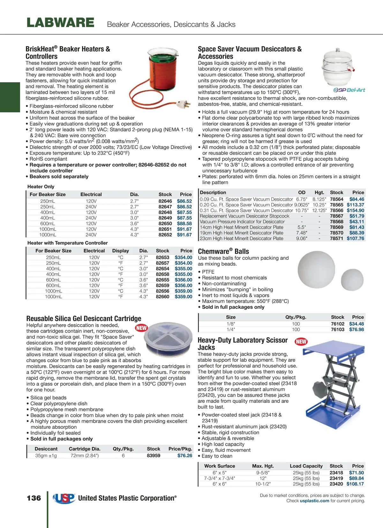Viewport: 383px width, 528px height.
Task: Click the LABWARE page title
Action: tap(60, 23)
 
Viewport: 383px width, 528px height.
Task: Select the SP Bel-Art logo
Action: tap(349, 90)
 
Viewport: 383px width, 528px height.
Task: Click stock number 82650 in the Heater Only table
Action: tap(165, 224)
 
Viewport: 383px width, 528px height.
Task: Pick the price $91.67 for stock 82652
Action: tap(184, 235)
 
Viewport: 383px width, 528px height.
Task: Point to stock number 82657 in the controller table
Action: tap(162, 263)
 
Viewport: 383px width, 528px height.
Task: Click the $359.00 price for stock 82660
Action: tap(184, 297)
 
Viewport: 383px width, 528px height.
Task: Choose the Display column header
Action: tap(120, 251)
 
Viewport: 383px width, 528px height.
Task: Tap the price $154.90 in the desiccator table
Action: tap(355, 211)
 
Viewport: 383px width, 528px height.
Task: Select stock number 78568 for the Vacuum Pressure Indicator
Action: tap(336, 222)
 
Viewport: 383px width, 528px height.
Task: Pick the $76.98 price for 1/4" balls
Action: tap(357, 330)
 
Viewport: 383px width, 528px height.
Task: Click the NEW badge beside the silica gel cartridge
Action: tap(141, 328)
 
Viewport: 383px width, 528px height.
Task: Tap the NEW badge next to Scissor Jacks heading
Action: tap(301, 342)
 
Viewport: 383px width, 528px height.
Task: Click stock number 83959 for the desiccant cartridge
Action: tap(154, 456)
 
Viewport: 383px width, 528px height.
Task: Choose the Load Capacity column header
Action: tap(306, 466)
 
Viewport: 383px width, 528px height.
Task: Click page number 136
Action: tap(34, 498)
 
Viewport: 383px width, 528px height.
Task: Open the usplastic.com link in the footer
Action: tap(314, 501)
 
